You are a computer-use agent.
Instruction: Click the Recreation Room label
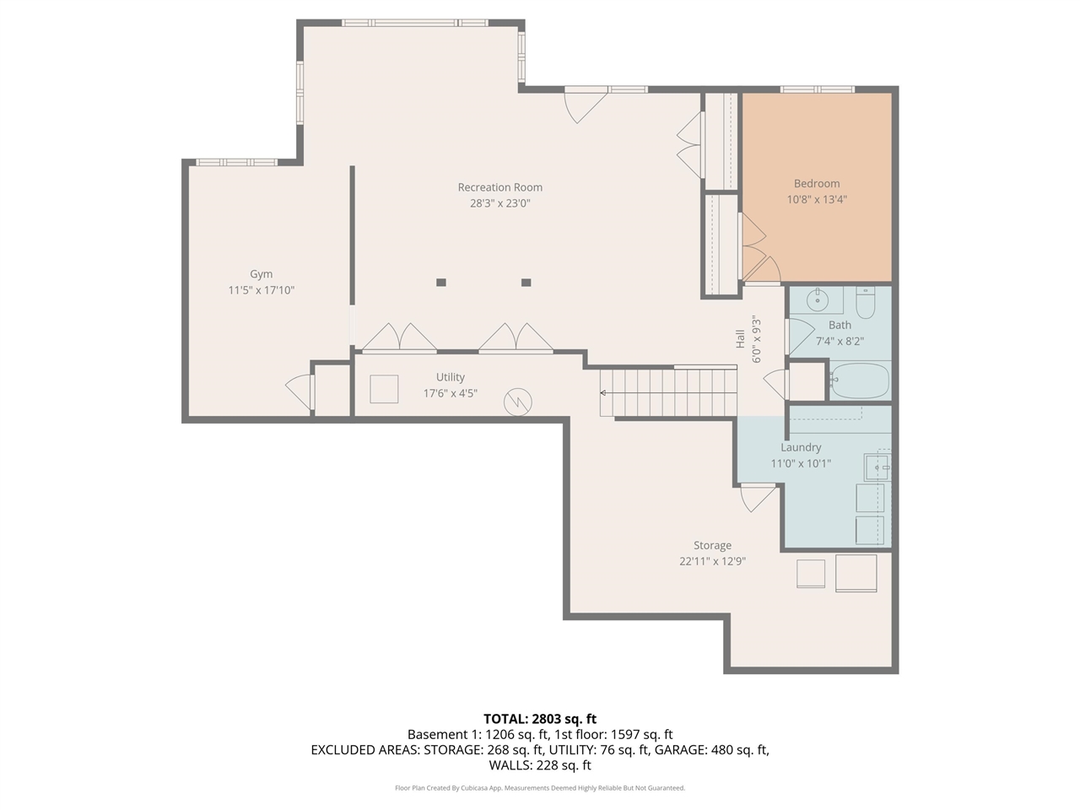[x=499, y=187]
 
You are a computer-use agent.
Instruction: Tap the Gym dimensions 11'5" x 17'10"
[x=262, y=290]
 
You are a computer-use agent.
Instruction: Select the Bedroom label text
[x=817, y=183]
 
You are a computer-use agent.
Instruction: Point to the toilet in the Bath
[x=865, y=302]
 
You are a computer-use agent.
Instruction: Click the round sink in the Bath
[x=818, y=300]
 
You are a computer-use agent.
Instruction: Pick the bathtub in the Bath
[x=860, y=381]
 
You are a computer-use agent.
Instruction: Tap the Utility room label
[x=451, y=377]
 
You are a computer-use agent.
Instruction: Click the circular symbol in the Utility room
[x=517, y=402]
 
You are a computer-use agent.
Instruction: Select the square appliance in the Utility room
[x=384, y=389]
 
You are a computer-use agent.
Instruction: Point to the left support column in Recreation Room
[x=440, y=283]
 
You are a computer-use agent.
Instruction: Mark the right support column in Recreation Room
[x=526, y=283]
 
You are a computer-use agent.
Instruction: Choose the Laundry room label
[x=801, y=447]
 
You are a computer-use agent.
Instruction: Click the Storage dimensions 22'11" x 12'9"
[x=712, y=561]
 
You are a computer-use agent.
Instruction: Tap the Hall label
[x=740, y=339]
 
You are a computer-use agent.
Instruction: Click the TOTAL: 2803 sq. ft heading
[x=540, y=719]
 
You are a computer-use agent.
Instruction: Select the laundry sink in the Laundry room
[x=877, y=467]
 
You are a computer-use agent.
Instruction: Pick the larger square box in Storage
[x=856, y=573]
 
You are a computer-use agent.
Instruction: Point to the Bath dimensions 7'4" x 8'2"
[x=840, y=342]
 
